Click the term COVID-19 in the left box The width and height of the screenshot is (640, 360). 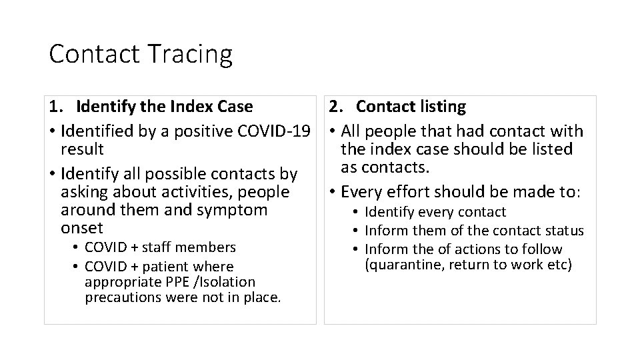(x=285, y=131)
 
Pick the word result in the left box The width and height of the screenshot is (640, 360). (x=81, y=149)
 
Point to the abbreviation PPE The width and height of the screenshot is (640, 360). (x=172, y=282)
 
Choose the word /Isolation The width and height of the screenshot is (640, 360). (x=223, y=282)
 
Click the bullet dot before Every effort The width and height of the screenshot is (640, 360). (x=332, y=193)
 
